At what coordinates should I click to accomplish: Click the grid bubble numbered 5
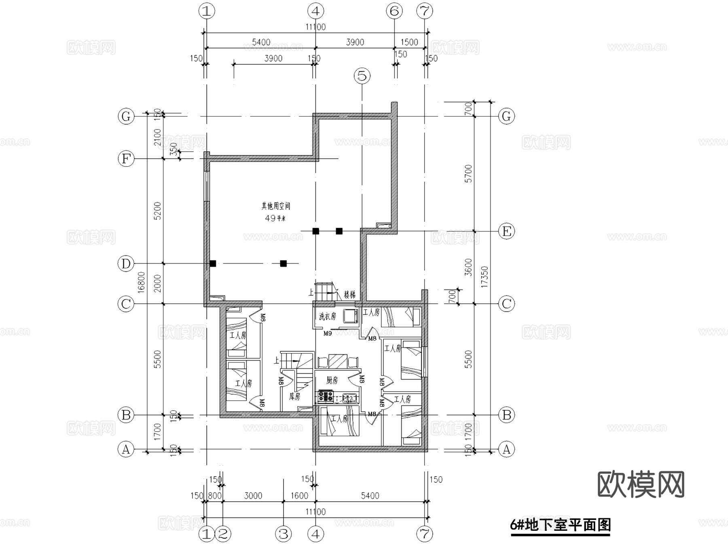[x=362, y=76]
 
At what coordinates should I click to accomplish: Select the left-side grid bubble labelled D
[x=126, y=264]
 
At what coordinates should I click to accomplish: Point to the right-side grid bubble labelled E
[x=506, y=231]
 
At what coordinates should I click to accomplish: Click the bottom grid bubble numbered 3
[x=284, y=534]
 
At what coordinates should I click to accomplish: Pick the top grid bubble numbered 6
[x=394, y=11]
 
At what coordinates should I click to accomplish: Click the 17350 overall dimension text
[x=485, y=277]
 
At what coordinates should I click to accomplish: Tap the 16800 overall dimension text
[x=141, y=282]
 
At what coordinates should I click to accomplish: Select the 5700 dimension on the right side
[x=468, y=173]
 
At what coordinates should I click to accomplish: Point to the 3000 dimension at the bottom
[x=253, y=496]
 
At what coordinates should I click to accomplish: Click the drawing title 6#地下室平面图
[x=560, y=525]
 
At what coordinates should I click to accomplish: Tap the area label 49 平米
[x=275, y=218]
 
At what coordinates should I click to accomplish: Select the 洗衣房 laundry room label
[x=327, y=316]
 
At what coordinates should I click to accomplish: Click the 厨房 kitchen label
[x=332, y=380]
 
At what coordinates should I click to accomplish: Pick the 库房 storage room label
[x=294, y=397]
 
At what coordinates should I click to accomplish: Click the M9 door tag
[x=328, y=333]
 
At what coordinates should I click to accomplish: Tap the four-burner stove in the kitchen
[x=325, y=396]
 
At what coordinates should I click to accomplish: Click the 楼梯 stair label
[x=350, y=294]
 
